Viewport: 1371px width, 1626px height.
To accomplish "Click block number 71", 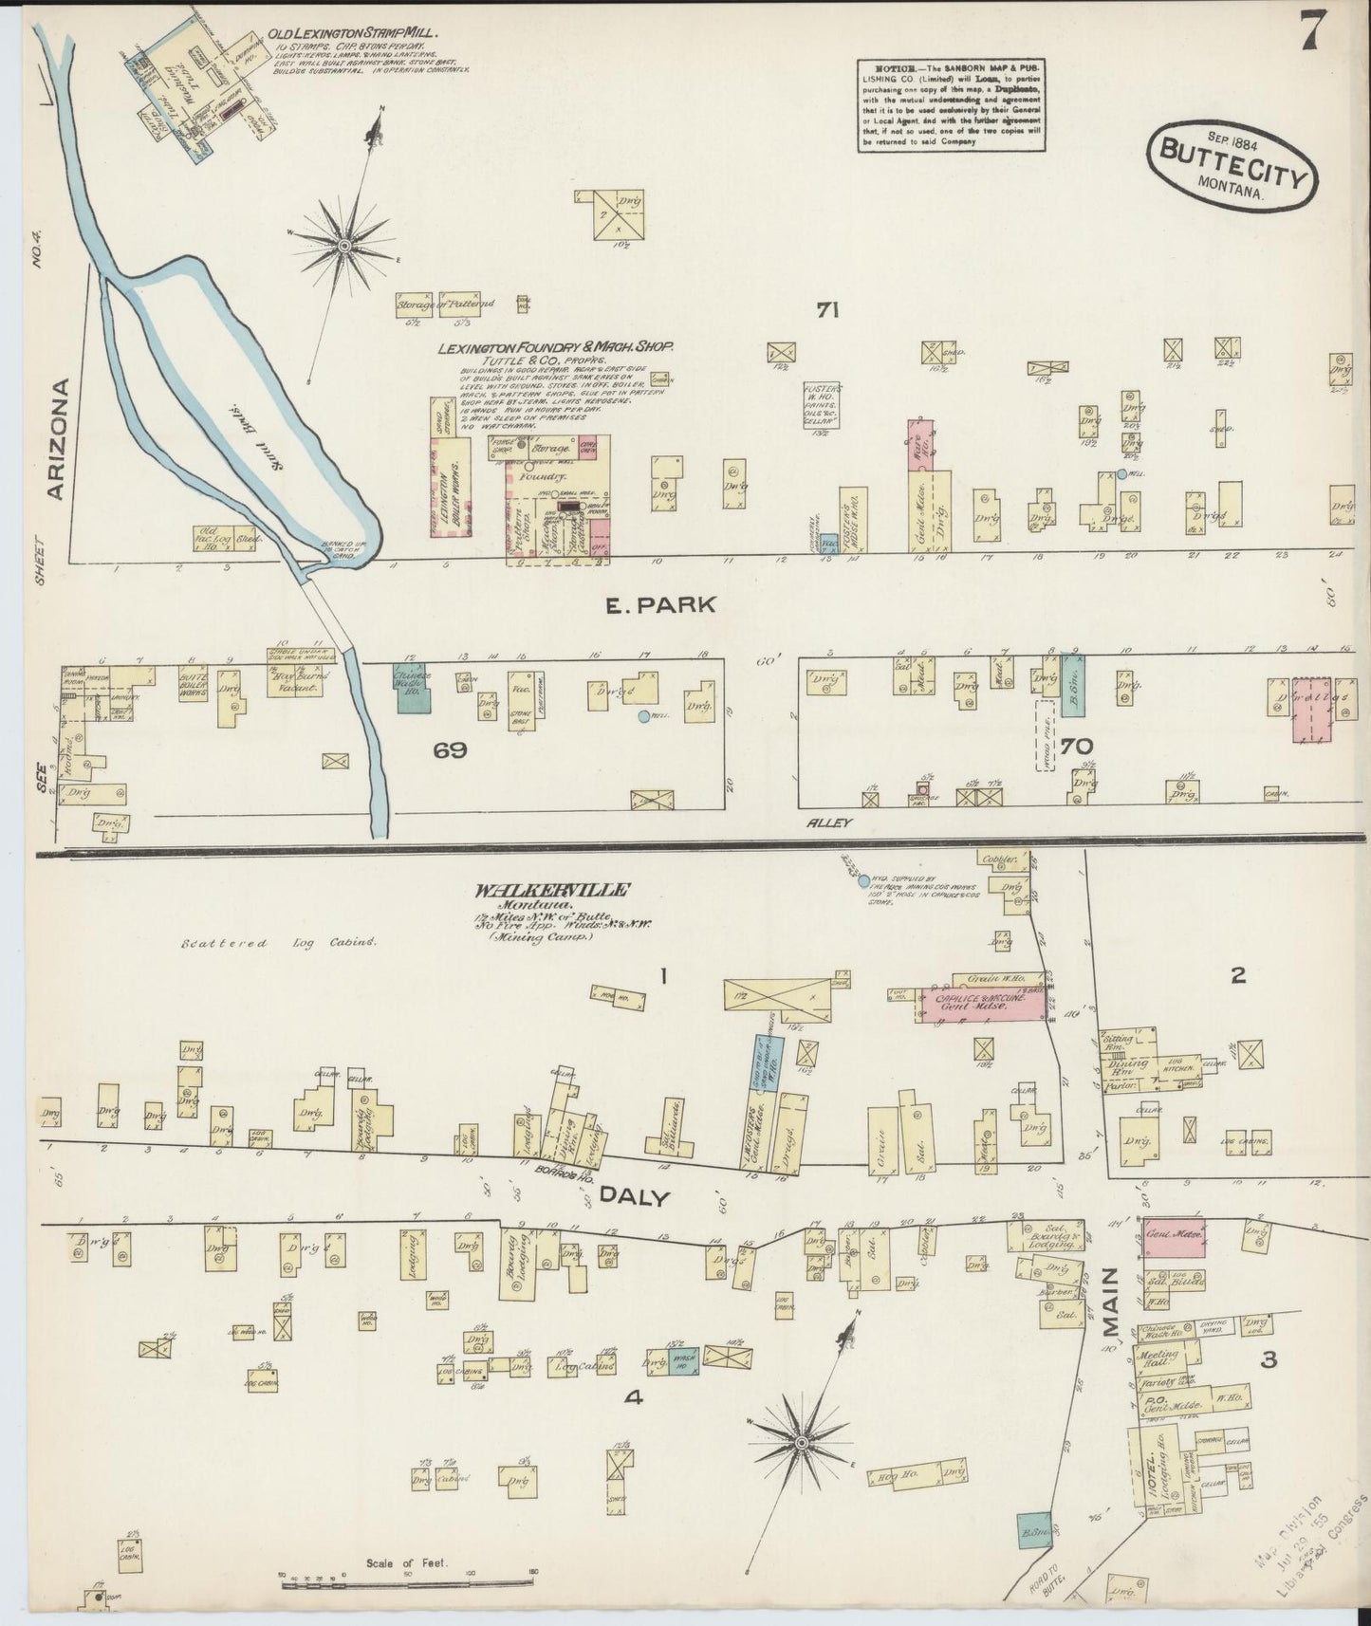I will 826,309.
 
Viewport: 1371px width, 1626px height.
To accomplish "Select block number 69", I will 451,750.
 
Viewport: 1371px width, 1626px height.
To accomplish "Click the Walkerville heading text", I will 551,891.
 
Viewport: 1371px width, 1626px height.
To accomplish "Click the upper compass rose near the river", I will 343,247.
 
